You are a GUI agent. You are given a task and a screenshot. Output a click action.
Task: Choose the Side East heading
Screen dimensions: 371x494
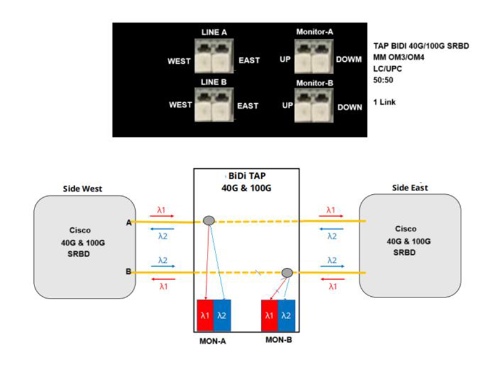coord(410,187)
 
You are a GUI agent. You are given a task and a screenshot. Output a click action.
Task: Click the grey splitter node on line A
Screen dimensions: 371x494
coord(209,220)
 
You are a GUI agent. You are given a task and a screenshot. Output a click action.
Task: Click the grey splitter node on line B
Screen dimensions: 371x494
coord(287,273)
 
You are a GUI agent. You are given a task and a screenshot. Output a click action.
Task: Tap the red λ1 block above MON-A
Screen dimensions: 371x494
coord(204,316)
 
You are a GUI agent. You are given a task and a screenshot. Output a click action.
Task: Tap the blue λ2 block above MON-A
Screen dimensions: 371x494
coord(222,316)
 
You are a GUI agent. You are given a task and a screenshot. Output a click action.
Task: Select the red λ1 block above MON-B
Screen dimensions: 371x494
coord(270,316)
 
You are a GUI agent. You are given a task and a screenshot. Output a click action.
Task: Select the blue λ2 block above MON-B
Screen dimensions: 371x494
coord(287,316)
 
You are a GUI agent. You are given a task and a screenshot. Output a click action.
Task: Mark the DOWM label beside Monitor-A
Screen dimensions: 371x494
coord(349,61)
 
